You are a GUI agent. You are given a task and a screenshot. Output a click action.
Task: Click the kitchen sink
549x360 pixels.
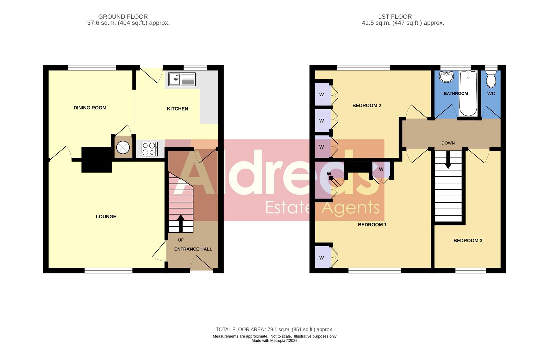pos(182,79)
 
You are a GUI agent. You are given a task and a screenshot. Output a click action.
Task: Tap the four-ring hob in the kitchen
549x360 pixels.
pos(150,149)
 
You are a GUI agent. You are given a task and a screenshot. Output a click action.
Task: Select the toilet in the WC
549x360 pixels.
pos(491,79)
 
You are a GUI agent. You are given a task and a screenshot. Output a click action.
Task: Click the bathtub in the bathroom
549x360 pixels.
pos(468,93)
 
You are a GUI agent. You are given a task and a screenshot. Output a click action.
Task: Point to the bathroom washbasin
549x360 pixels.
pos(446,77)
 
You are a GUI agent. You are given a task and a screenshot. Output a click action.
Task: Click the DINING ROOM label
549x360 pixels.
pos(90,108)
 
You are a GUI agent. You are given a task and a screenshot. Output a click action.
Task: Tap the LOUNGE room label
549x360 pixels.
pos(106,217)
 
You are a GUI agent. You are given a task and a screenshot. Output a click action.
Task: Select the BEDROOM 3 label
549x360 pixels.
pos(468,241)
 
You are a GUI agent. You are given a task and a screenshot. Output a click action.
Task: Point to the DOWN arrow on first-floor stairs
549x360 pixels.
pos(448,160)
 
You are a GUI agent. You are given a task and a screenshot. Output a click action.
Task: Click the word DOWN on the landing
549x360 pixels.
pos(448,143)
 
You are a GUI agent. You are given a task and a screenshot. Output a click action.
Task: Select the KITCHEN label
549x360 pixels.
pos(177,109)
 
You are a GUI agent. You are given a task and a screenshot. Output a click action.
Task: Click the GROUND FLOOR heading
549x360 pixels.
pos(123,17)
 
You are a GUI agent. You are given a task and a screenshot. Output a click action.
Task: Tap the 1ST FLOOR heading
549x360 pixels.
pos(395,17)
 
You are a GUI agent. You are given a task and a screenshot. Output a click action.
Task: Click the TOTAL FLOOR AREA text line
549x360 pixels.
pos(274,330)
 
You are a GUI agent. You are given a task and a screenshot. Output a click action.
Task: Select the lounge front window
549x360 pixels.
pos(108,270)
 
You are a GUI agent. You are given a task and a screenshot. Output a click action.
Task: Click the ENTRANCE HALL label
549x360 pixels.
pos(193,249)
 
